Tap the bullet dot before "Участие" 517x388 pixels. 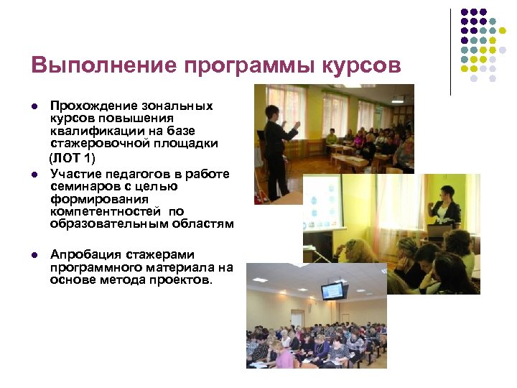click(34, 175)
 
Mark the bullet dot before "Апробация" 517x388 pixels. click(34, 255)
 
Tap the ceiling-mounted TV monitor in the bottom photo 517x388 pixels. click(334, 290)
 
